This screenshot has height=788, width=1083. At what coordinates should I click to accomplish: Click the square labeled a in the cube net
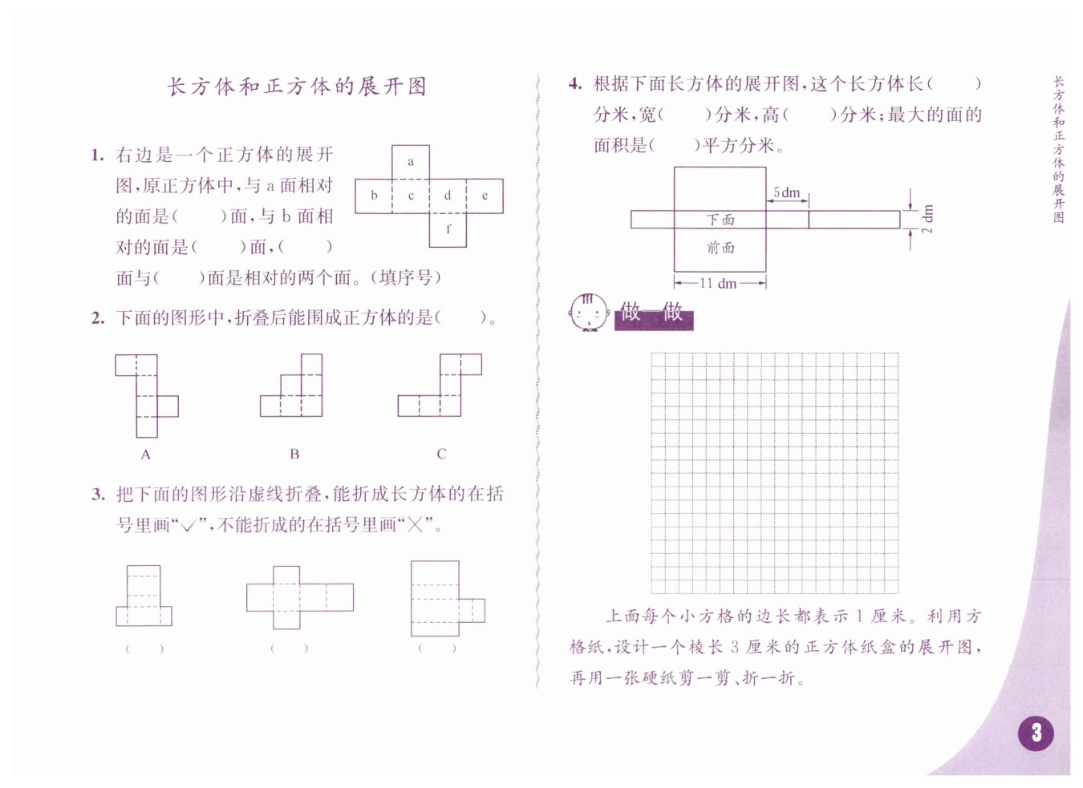pyautogui.click(x=411, y=162)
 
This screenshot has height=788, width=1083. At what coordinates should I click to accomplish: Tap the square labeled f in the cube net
pyautogui.click(x=448, y=229)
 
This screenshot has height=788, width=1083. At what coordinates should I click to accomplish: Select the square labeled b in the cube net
pyautogui.click(x=374, y=196)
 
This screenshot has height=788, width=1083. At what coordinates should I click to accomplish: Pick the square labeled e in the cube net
pyautogui.click(x=485, y=196)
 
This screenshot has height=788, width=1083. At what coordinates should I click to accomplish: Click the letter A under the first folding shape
pyautogui.click(x=145, y=455)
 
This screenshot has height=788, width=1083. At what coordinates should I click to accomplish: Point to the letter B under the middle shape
pyautogui.click(x=294, y=454)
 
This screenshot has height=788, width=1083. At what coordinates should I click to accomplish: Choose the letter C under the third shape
pyautogui.click(x=441, y=454)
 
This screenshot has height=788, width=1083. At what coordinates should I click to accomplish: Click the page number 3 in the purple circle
pyautogui.click(x=1036, y=732)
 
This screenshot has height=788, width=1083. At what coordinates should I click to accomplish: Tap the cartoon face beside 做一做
pyautogui.click(x=588, y=313)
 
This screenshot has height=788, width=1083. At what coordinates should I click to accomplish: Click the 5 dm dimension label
pyautogui.click(x=787, y=193)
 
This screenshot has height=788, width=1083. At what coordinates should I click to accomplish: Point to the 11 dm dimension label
pyautogui.click(x=718, y=283)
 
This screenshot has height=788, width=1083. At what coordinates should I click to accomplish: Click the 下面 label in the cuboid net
pyautogui.click(x=720, y=220)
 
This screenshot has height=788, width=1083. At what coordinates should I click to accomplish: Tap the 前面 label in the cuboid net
pyautogui.click(x=720, y=248)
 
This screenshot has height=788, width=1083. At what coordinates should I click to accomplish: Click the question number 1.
pyautogui.click(x=98, y=156)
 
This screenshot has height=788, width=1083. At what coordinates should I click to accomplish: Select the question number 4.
pyautogui.click(x=575, y=84)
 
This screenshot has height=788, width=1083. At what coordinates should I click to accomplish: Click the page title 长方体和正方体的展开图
pyautogui.click(x=297, y=87)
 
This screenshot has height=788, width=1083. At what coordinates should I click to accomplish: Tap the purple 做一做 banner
pyautogui.click(x=653, y=313)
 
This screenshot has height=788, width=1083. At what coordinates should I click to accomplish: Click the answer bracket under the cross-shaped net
pyautogui.click(x=289, y=648)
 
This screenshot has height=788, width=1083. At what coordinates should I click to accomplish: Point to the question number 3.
pyautogui.click(x=98, y=495)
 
